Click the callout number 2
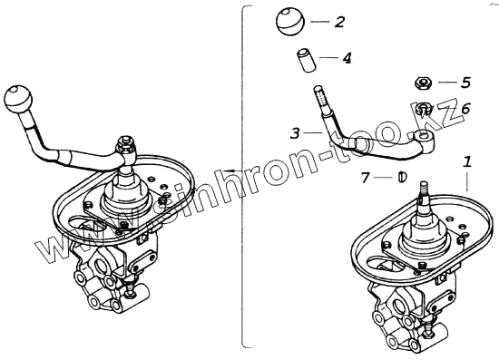point(339,22)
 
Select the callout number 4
point(347,58)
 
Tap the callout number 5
point(466,83)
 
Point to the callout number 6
point(465,109)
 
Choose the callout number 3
point(296,133)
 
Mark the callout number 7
point(365,178)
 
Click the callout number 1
point(467,162)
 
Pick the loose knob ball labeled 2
point(290,23)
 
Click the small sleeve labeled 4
point(307,60)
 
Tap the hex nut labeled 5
point(424,83)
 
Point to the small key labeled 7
point(402,177)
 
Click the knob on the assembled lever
point(18,100)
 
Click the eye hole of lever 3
point(423,138)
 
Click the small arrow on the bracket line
point(230,170)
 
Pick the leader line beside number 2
point(319,22)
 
